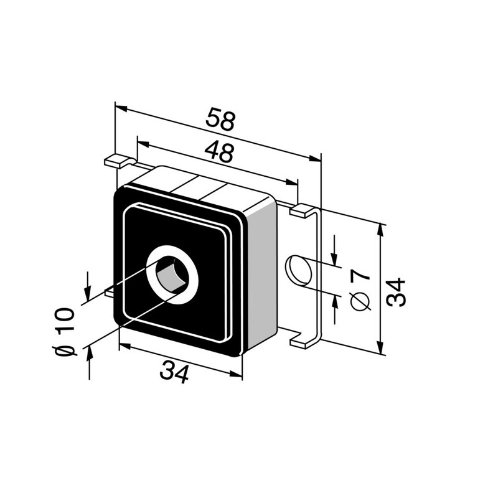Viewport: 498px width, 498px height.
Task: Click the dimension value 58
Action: coord(220,119)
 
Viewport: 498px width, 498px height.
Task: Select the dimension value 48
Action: coord(219,152)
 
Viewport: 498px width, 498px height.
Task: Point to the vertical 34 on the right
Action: coord(397,292)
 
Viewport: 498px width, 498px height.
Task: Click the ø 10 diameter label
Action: coord(65,331)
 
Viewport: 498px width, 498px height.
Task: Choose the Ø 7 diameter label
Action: coord(361,289)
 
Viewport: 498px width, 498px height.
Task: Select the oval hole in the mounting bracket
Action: coord(298,270)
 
